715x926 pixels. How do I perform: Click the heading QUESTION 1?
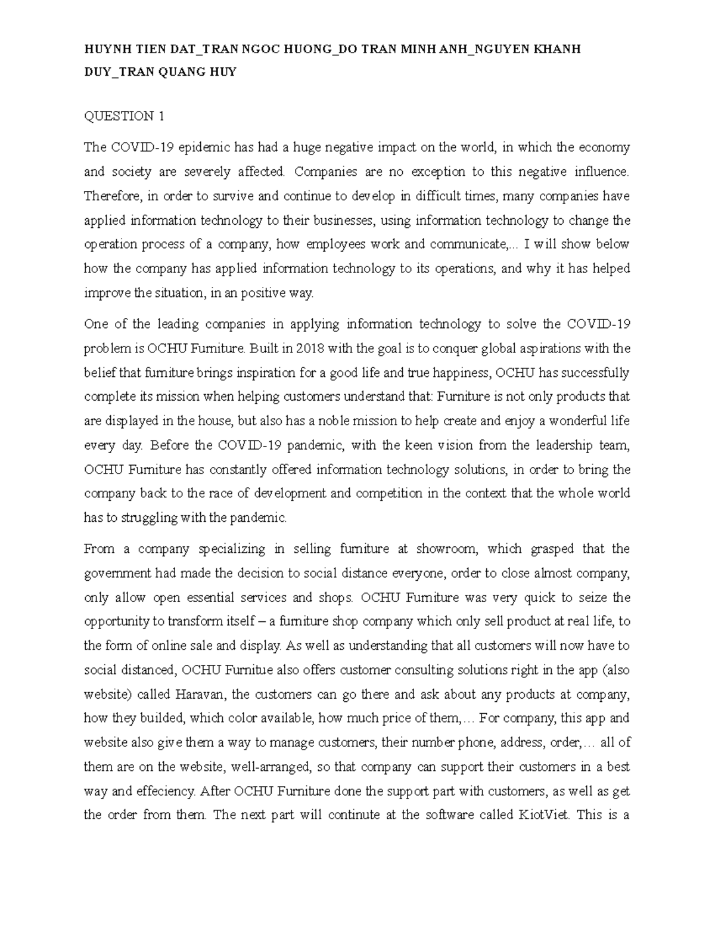click(x=124, y=116)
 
